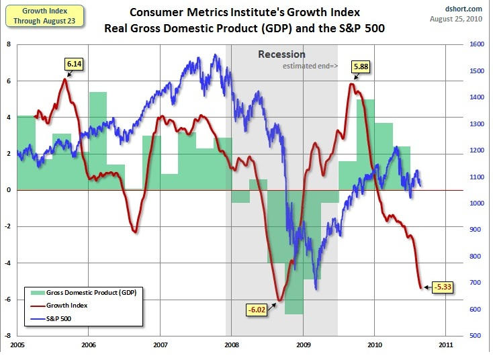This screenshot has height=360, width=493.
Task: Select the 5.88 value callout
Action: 362,66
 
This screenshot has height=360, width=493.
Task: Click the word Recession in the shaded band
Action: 282,54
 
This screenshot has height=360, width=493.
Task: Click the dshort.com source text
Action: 465,9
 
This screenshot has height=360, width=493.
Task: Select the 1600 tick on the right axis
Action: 476,44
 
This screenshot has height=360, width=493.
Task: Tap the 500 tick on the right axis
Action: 474,335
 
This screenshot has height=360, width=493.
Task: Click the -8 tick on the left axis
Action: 9,335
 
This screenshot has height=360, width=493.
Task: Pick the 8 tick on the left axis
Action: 9,44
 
